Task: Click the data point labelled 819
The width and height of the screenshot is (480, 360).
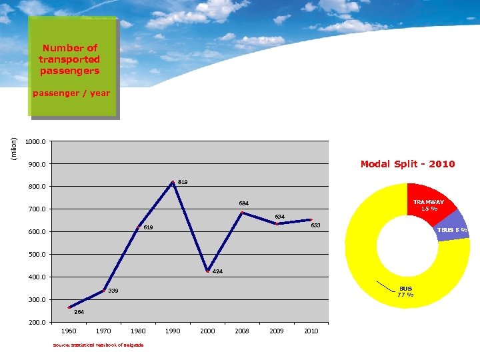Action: pyautogui.click(x=173, y=182)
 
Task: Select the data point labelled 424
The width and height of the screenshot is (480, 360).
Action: pyautogui.click(x=207, y=271)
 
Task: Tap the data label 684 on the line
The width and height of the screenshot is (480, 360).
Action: pyautogui.click(x=245, y=203)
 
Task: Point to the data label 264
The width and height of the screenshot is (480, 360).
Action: pyautogui.click(x=79, y=312)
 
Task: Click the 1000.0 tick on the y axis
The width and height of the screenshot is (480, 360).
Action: pyautogui.click(x=35, y=141)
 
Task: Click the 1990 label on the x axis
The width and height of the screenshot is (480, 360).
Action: pyautogui.click(x=173, y=331)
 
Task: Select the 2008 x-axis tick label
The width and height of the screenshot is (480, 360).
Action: pyautogui.click(x=242, y=331)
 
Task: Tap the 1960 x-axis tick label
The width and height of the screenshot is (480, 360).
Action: pyautogui.click(x=69, y=331)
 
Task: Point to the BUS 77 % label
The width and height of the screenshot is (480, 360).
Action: pyautogui.click(x=405, y=292)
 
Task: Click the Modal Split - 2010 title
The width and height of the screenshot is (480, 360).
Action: pyautogui.click(x=407, y=164)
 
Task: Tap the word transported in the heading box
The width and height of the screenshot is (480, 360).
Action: pyautogui.click(x=69, y=59)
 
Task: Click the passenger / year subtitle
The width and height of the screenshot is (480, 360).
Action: pyautogui.click(x=71, y=93)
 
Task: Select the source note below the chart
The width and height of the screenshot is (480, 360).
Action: pyautogui.click(x=98, y=345)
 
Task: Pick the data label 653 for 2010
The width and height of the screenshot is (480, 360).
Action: pyautogui.click(x=315, y=225)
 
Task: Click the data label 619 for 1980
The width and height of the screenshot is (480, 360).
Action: pyautogui.click(x=148, y=228)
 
